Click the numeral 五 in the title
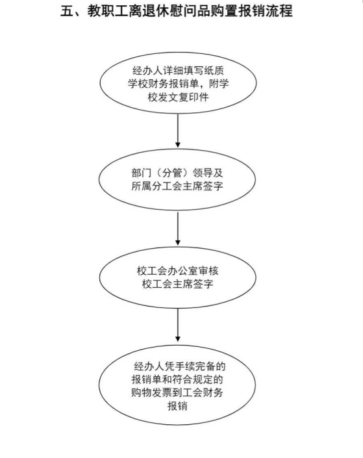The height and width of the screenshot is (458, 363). (x=67, y=11)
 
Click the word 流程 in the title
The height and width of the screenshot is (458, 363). (x=280, y=11)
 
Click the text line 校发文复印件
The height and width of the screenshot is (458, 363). (x=178, y=97)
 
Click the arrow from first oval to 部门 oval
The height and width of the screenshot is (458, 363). (x=177, y=131)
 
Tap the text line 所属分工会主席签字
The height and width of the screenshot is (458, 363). (x=177, y=186)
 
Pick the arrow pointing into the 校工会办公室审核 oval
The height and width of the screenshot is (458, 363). (x=177, y=229)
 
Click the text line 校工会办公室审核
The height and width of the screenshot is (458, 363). (x=177, y=271)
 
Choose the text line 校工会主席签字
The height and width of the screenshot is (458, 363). (x=177, y=284)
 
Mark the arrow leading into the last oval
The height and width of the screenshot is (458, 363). (x=177, y=325)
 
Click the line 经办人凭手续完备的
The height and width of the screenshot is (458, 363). (x=180, y=366)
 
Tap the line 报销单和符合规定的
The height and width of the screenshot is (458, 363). (x=177, y=379)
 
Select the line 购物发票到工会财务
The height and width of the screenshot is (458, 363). (x=177, y=392)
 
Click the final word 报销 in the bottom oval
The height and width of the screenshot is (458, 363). (x=177, y=406)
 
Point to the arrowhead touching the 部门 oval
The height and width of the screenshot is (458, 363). (x=177, y=145)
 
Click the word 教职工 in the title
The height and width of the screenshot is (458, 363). (x=107, y=11)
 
